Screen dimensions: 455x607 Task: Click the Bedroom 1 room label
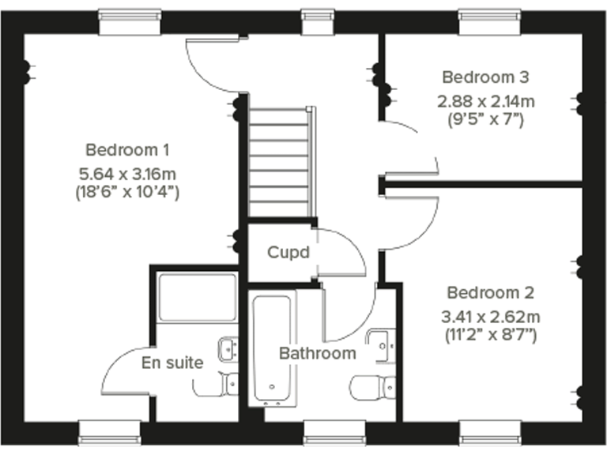[x=127, y=149]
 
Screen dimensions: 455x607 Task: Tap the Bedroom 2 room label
[x=490, y=293]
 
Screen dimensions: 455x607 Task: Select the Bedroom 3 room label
[x=485, y=77]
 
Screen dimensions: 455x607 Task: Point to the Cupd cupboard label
[x=288, y=253]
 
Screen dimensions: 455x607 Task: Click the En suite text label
[x=172, y=363]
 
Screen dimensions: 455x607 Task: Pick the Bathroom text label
[x=317, y=353]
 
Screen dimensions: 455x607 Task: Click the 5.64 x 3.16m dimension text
[x=127, y=171]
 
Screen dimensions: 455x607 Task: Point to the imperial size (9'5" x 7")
[x=485, y=119]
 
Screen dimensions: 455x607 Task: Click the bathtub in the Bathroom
[x=273, y=348]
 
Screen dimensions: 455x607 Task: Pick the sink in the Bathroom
[x=383, y=341]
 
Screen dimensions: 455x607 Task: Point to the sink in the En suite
[x=228, y=347]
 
